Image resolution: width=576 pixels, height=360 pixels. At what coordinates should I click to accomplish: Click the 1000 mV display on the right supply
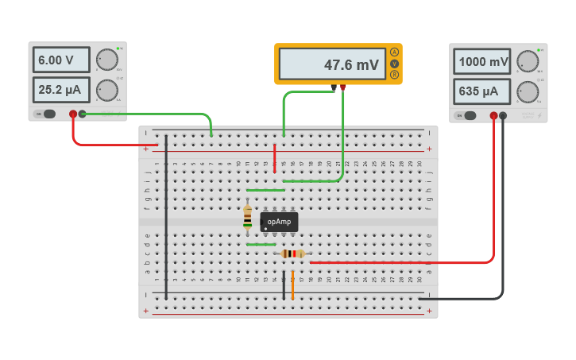(482, 62)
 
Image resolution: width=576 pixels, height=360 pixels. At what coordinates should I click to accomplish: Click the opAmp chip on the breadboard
(279, 222)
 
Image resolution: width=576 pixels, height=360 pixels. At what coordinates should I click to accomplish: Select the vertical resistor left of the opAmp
(247, 217)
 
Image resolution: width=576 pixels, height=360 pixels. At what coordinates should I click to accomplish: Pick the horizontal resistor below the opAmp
(292, 254)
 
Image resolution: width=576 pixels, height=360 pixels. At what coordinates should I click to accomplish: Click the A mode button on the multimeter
(394, 52)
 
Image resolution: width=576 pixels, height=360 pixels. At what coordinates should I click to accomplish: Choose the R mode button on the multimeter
(394, 75)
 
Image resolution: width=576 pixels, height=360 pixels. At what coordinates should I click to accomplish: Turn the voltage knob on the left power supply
(106, 60)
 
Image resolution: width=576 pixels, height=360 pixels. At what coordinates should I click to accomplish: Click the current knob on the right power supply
(527, 91)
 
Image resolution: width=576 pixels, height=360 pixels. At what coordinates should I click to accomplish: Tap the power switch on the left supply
(47, 114)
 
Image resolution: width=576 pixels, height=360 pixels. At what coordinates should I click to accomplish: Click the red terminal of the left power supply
(73, 114)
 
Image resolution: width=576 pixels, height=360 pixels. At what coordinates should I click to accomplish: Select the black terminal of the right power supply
(503, 116)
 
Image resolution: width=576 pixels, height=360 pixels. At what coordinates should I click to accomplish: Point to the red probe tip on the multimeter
(342, 87)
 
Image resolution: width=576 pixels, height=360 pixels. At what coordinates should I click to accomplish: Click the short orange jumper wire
(292, 285)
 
